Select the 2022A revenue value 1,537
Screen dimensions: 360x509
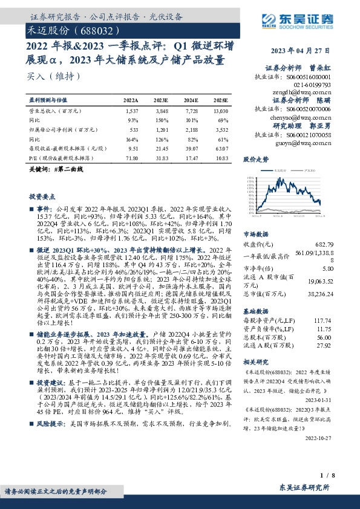[131, 112]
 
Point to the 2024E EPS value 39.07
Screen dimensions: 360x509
[191, 148]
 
